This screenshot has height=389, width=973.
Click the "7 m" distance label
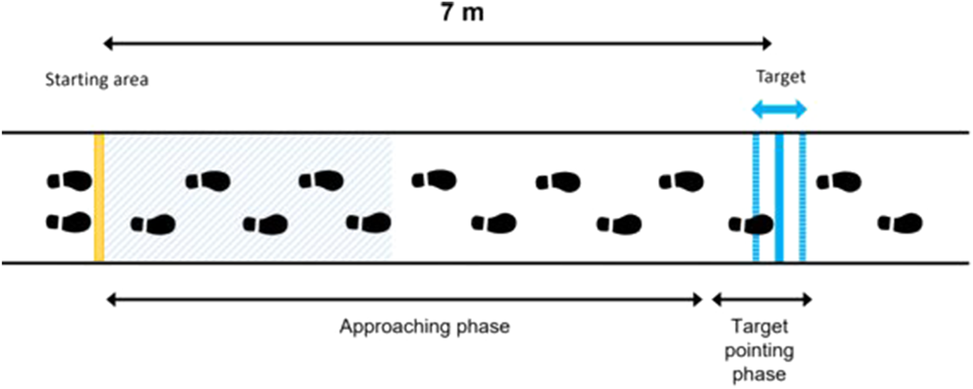(462, 14)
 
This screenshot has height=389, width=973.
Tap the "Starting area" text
(97, 80)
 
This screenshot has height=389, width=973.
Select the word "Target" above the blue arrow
(781, 77)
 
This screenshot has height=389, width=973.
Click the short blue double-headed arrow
(778, 110)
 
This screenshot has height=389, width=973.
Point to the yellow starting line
(99, 197)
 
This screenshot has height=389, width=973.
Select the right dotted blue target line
(802, 197)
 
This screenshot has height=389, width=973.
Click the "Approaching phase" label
(425, 326)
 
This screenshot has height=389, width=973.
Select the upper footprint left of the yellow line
(69, 180)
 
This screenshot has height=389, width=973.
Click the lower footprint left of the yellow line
(69, 221)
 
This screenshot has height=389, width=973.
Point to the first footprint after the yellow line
(153, 225)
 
